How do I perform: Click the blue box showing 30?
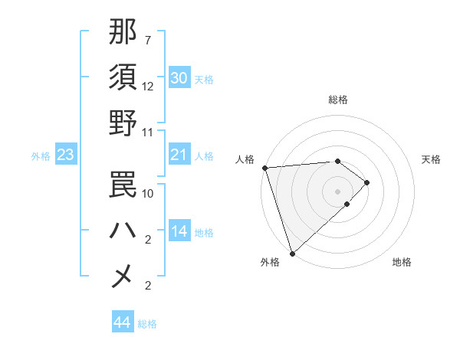coord(179,78)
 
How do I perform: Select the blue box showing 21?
coord(179,155)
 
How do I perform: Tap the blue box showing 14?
coord(179,232)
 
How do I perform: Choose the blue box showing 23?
coord(66,155)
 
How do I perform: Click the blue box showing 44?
coord(122,323)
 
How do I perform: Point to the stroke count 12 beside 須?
coord(148,86)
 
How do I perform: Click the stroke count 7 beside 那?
coord(148,40)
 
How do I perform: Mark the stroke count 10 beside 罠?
coord(148,193)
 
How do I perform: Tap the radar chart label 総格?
coord(337,100)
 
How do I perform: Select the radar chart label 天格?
coord(432,159)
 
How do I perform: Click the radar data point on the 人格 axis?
coord(264,168)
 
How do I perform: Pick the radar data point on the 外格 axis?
coord(292,252)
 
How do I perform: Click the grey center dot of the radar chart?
coord(337,191)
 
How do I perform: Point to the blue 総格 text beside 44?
coord(147,324)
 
